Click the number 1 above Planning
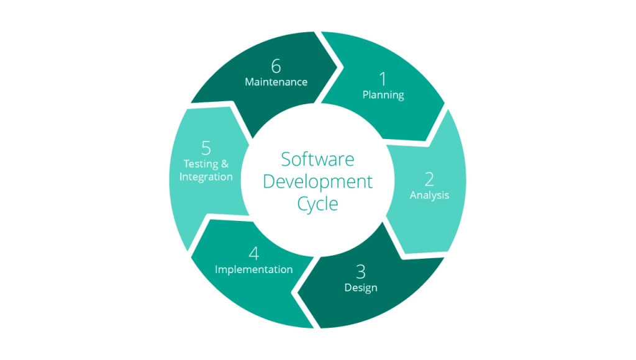[383, 78]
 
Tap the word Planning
[383, 95]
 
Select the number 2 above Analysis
[429, 179]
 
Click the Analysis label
[429, 195]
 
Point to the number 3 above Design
[361, 272]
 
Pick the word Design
[361, 287]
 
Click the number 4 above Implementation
[253, 254]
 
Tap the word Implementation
[253, 269]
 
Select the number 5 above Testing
[206, 148]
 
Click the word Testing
[201, 164]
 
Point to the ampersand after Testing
[225, 164]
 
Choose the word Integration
[206, 177]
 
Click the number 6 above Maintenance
[276, 66]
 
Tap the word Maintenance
[276, 82]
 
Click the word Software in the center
[317, 159]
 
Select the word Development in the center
[317, 181]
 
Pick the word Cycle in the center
[317, 204]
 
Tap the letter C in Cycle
[302, 203]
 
